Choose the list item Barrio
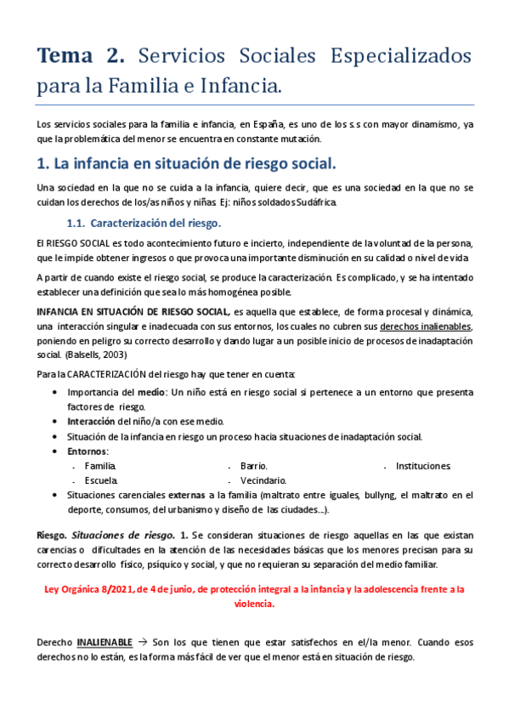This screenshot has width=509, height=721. click(x=253, y=466)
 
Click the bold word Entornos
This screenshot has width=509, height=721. click(x=87, y=451)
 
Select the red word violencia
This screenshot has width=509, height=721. click(x=254, y=602)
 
